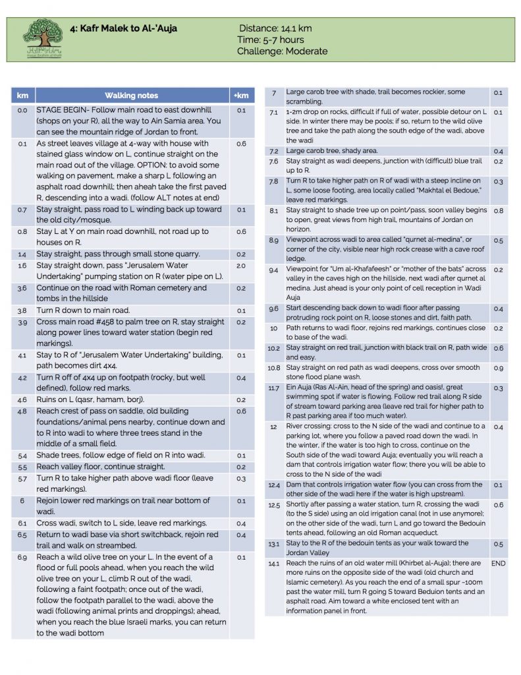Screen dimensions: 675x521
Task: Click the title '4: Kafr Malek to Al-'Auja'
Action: point(123,29)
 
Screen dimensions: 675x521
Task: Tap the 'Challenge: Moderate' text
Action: point(282,51)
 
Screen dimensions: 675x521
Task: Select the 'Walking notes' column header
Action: point(131,96)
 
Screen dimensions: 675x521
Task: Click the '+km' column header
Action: point(241,96)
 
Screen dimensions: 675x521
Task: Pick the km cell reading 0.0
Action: point(22,110)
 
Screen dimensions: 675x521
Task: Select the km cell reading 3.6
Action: point(22,288)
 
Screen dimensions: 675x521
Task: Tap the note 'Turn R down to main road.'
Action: point(83,310)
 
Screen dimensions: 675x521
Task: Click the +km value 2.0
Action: point(241,266)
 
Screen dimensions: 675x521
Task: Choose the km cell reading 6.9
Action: point(22,557)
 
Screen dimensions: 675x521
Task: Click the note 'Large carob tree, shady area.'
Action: point(332,151)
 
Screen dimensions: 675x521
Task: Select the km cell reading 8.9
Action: point(273,240)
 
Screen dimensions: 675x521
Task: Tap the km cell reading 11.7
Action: point(273,388)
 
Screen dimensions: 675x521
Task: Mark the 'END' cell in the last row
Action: point(498,564)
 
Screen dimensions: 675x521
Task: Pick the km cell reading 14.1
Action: point(273,564)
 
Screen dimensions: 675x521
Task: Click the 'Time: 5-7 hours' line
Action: point(271,40)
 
